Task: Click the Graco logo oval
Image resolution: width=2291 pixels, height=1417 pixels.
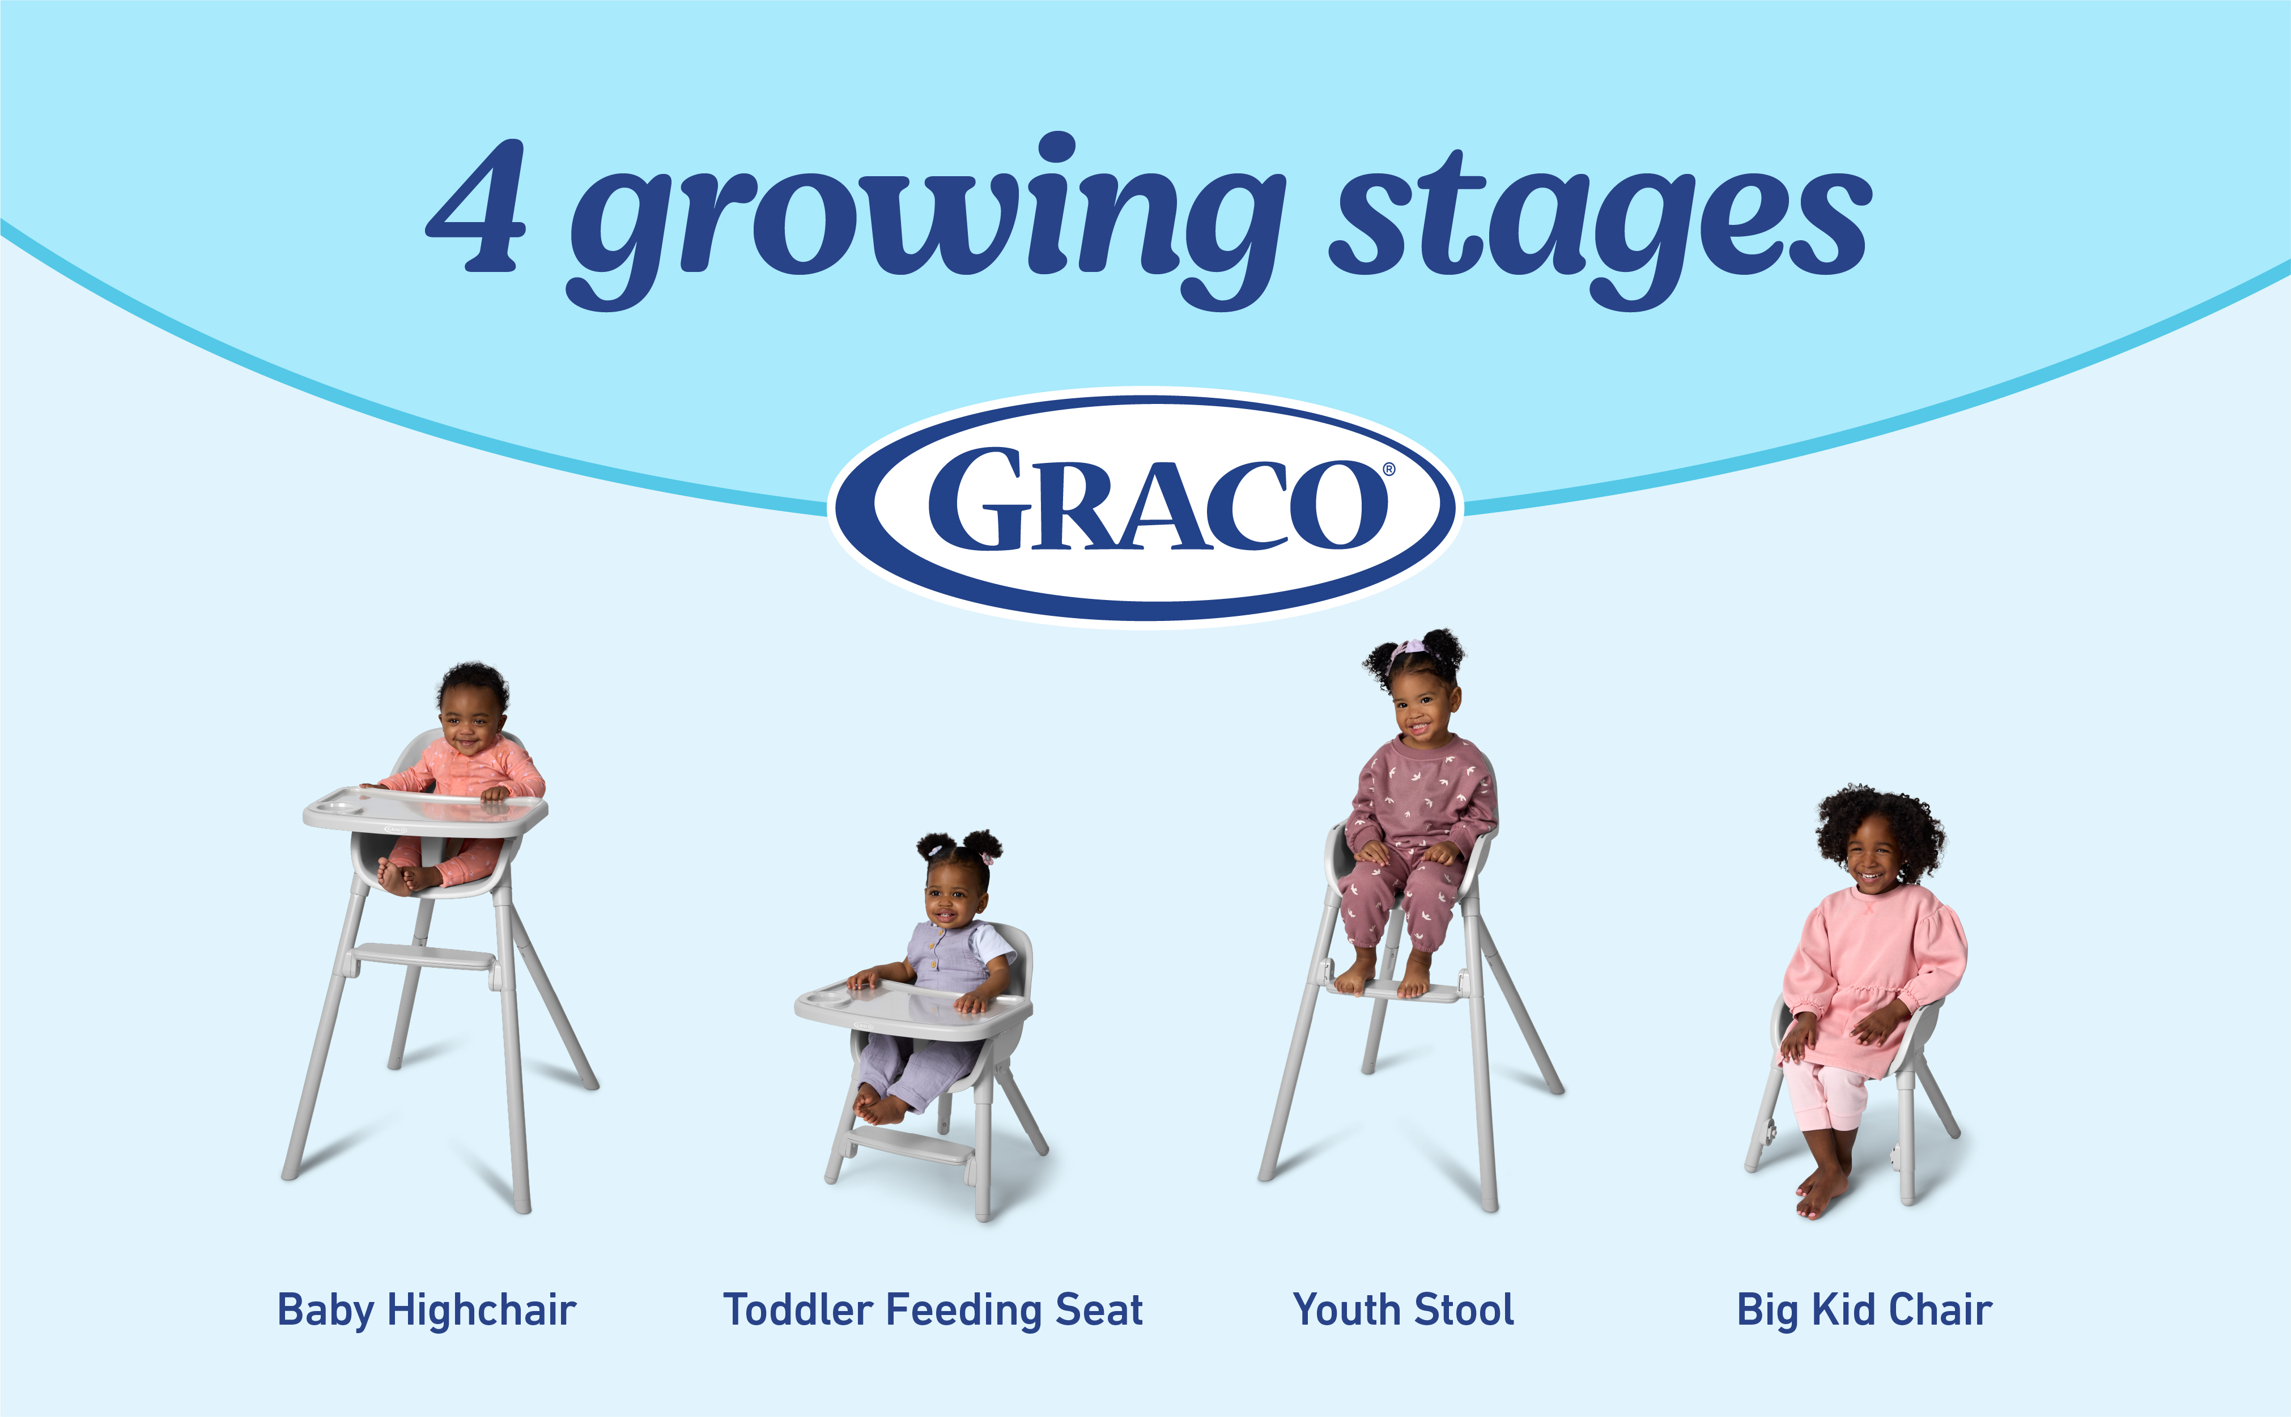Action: (x=1145, y=507)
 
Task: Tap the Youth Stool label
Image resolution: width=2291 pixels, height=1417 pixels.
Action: (x=1402, y=1309)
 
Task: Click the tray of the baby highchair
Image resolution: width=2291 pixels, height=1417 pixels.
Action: (x=426, y=811)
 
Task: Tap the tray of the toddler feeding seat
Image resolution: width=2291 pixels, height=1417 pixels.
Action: (x=913, y=1009)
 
